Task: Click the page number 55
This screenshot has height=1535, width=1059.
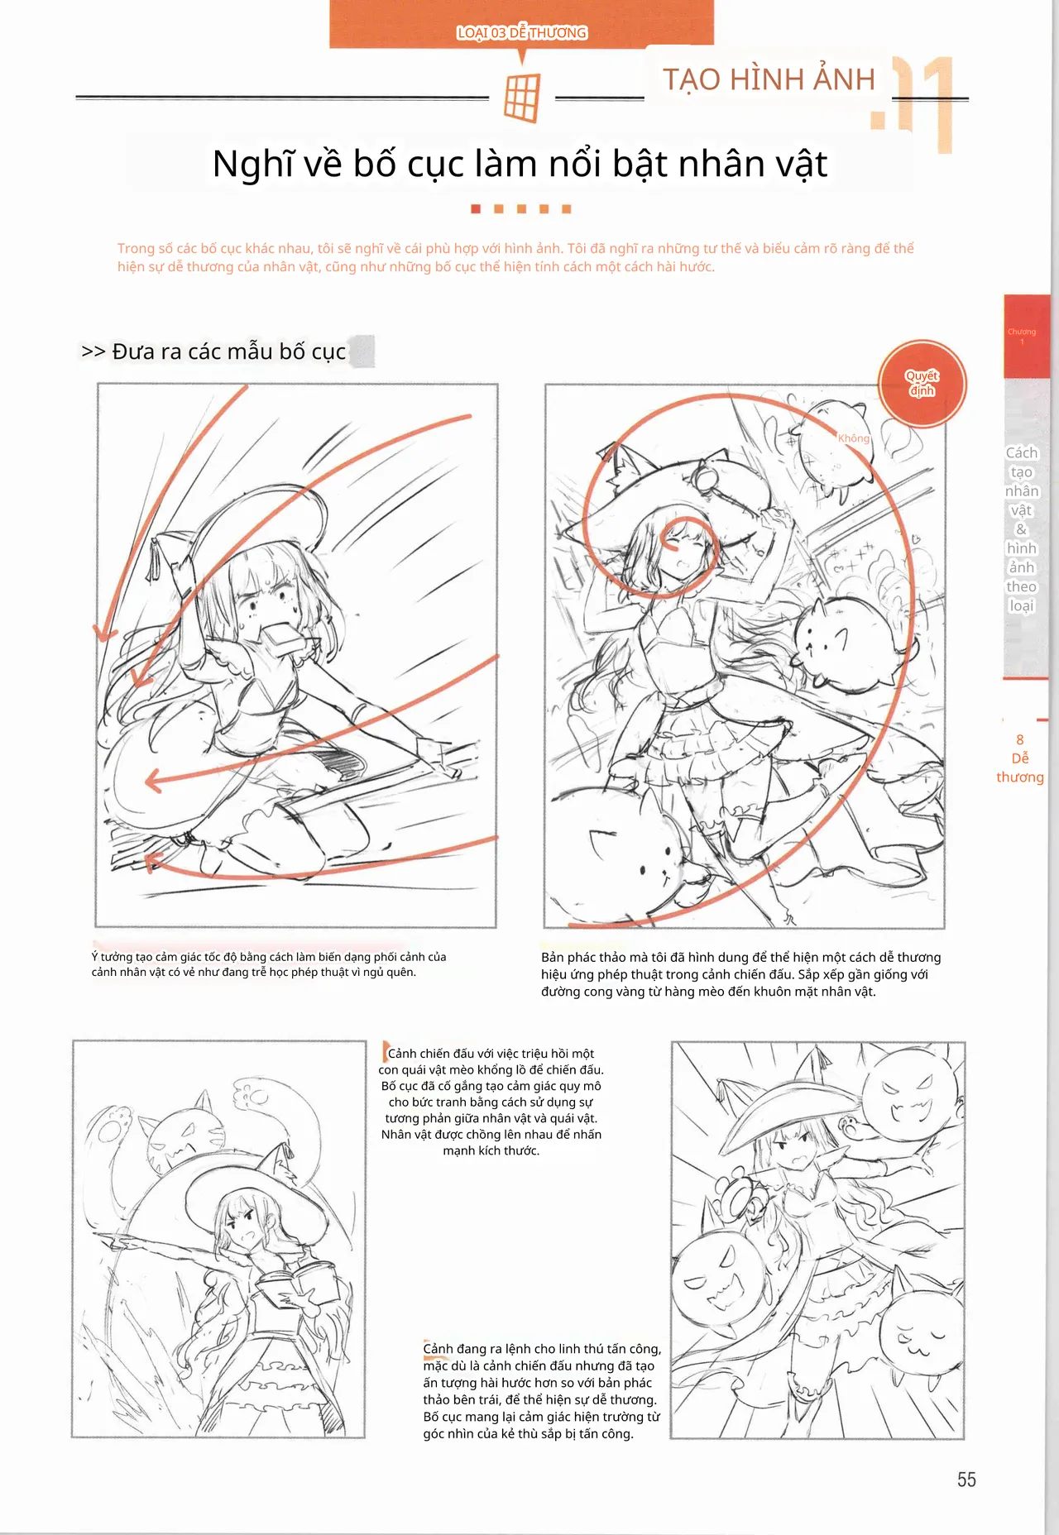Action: tap(966, 1480)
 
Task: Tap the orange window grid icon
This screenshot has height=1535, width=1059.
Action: tap(522, 98)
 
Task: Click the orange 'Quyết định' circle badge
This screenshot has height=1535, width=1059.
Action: tap(922, 384)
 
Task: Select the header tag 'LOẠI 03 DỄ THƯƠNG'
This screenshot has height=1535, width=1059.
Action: tap(522, 33)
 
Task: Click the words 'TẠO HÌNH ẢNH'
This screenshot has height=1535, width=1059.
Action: tap(769, 79)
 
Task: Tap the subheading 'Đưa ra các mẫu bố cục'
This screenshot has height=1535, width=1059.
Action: tap(228, 351)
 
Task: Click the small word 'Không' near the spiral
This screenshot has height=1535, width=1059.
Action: tap(854, 438)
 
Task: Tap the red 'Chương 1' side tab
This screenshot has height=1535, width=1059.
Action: tap(1026, 336)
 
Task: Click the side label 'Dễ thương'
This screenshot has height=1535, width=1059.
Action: tap(1020, 767)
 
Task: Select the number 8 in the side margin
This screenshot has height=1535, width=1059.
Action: tap(1020, 739)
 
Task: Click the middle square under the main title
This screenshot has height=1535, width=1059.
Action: tap(521, 209)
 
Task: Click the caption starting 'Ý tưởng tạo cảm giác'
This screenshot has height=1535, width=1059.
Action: tap(269, 964)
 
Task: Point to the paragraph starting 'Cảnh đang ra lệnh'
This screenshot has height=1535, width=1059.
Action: tap(542, 1391)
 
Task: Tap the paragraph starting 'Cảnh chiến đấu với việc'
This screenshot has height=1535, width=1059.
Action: tap(491, 1102)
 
